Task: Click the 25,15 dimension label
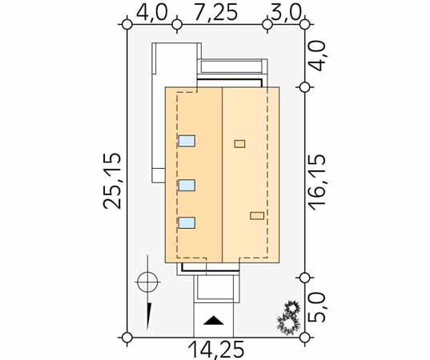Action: pos(112,181)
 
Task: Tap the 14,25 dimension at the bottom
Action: pos(216,350)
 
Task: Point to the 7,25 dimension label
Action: pos(216,13)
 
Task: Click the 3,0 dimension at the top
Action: pos(286,13)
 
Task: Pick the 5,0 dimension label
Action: pos(317,309)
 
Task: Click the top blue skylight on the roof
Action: pos(187,141)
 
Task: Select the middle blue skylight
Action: pos(187,186)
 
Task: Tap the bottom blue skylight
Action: pos(187,222)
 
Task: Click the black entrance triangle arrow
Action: pos(214,320)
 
